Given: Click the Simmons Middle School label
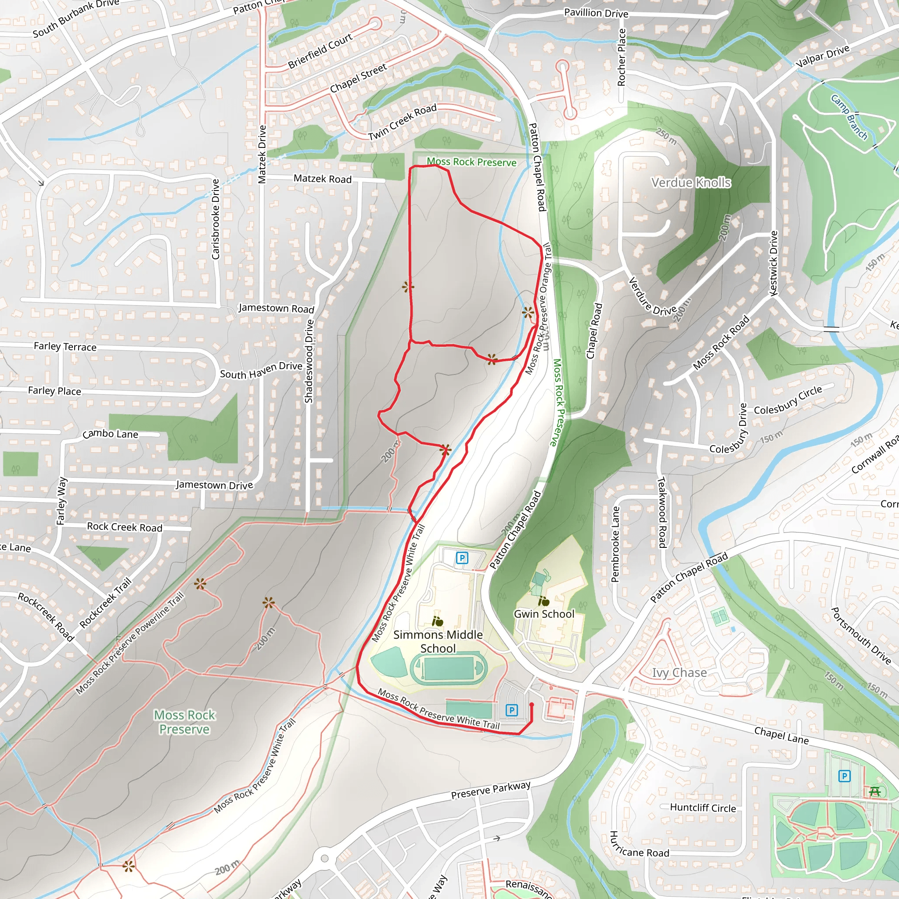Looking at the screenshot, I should pos(438,641).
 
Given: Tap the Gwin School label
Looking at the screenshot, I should pos(544,614).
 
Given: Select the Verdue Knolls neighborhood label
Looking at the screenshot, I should pos(691,183).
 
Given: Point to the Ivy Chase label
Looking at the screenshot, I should pos(679,672).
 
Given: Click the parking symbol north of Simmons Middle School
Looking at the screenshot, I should pos(462,557).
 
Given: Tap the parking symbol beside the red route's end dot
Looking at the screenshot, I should pos(511,710).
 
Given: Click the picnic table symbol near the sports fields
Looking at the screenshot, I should pos(874,791).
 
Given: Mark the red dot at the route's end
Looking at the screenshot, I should pos(532,705).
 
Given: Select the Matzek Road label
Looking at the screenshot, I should pos(323,179).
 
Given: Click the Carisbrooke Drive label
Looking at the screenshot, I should pos(216,219).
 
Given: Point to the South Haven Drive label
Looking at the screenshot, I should pos(261,370).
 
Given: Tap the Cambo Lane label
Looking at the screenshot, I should pos(110,434).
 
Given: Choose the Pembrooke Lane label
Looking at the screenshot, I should pos(615,544).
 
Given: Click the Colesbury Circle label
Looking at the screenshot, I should pos(788,400).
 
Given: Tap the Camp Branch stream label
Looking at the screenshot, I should pos(849,117).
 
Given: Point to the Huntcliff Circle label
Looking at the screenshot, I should pos(703,808).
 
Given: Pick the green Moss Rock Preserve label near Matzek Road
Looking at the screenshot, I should pos(471,162).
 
